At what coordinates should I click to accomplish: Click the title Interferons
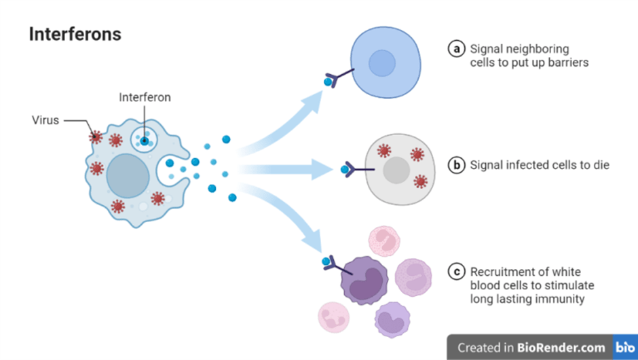[x=75, y=34]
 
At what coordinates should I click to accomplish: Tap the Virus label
[x=45, y=120]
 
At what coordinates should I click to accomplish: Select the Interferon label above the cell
[x=145, y=97]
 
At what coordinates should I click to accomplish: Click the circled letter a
[x=457, y=49]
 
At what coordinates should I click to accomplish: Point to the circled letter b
[x=457, y=165]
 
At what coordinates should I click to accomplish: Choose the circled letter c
[x=457, y=272]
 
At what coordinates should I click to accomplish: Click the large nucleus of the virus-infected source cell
[x=128, y=175]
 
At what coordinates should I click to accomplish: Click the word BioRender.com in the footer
[x=560, y=347]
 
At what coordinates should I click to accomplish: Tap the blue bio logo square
[x=625, y=347]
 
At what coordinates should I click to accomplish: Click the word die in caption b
[x=600, y=165]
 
